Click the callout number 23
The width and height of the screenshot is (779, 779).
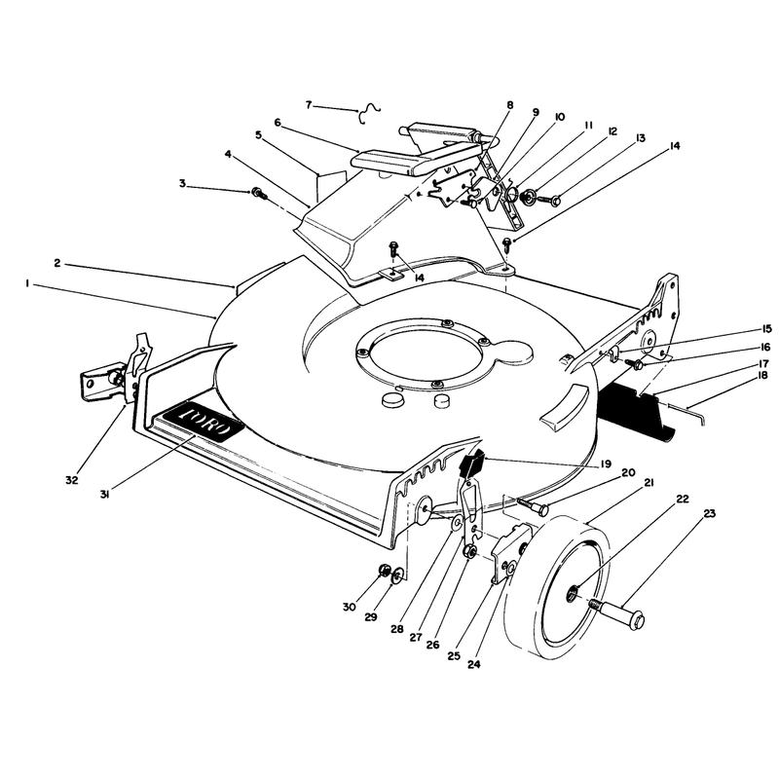click(x=710, y=514)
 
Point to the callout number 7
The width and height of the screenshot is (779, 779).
click(x=309, y=105)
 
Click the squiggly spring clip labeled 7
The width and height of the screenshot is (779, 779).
click(x=369, y=113)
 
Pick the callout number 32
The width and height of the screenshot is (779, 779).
click(x=72, y=480)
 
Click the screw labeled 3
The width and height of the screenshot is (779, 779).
click(x=259, y=193)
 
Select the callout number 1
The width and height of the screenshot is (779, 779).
click(x=28, y=283)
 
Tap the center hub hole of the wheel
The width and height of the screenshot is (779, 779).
click(x=573, y=591)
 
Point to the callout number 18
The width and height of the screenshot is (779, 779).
click(x=762, y=376)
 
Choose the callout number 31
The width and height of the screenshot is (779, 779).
click(x=104, y=495)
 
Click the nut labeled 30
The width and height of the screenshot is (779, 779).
click(x=384, y=571)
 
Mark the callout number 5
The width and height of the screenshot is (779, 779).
click(x=258, y=135)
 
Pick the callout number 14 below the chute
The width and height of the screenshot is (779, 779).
click(x=419, y=278)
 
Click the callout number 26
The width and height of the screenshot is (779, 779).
click(x=432, y=645)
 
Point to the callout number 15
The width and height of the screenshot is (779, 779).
click(x=766, y=329)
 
